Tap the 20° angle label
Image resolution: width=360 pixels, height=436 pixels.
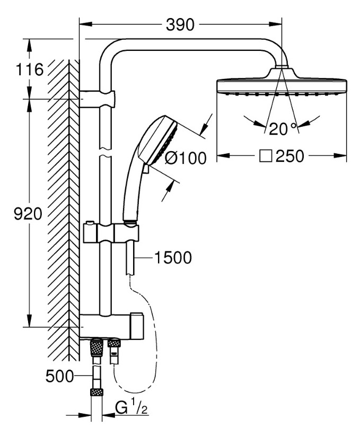(282, 129)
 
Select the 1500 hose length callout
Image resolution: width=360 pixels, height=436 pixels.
(173, 258)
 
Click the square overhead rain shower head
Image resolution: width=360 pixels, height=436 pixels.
(282, 86)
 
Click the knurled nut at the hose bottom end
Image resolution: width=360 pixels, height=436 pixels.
(96, 393)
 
